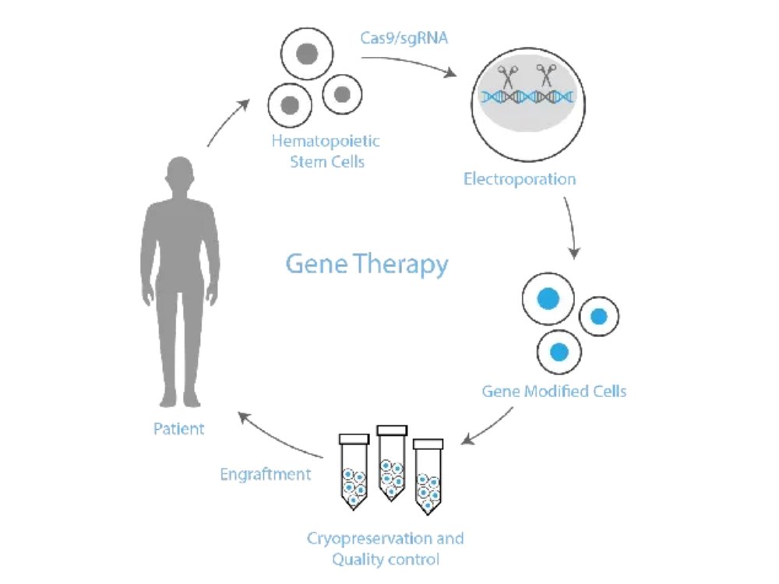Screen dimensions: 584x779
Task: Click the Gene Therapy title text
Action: point(366,266)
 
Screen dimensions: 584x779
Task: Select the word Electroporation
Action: point(520,180)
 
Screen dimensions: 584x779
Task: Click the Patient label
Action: point(179,428)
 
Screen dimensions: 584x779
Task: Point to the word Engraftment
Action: point(266,473)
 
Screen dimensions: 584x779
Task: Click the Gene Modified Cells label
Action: point(554,391)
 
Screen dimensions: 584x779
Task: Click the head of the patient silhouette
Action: point(180,172)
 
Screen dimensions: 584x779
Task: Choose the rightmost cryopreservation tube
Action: point(427,477)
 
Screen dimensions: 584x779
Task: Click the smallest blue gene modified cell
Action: point(598,316)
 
